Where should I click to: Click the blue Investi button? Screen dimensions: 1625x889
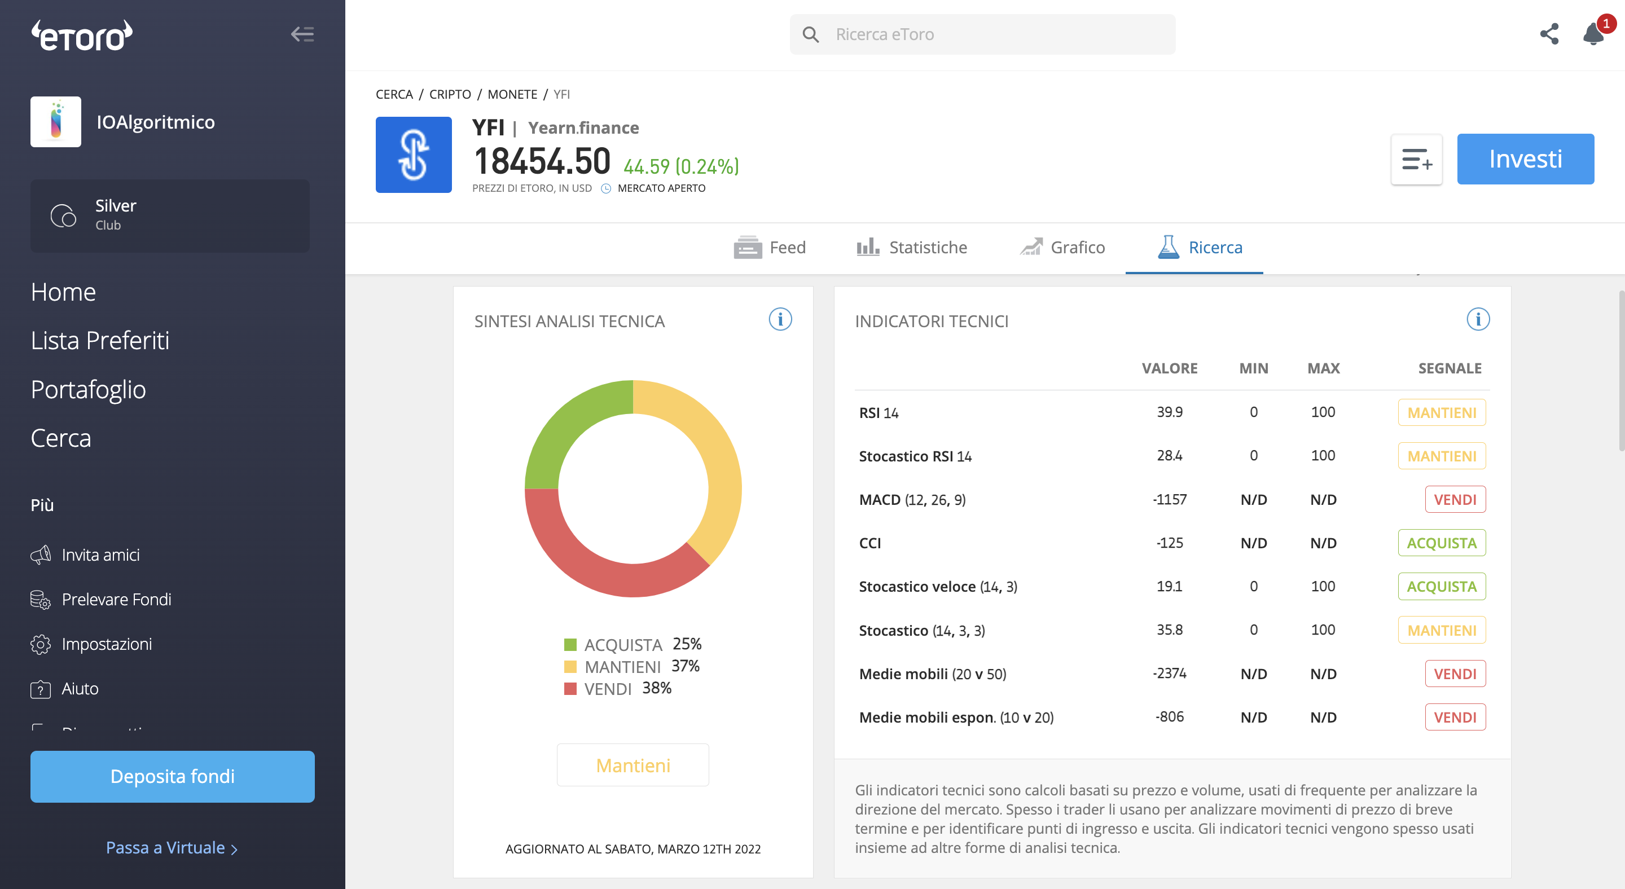(x=1525, y=159)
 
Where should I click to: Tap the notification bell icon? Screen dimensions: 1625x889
(x=1593, y=34)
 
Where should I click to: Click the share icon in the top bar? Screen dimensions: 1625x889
(x=1549, y=34)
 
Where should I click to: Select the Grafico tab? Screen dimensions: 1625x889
(x=1062, y=247)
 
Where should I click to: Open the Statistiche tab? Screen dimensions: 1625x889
(x=912, y=247)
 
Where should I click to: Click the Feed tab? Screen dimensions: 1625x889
(x=770, y=247)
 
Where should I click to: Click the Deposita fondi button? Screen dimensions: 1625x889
(x=172, y=776)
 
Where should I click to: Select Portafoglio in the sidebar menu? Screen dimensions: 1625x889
(x=89, y=389)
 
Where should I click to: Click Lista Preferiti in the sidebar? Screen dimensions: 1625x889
(x=100, y=341)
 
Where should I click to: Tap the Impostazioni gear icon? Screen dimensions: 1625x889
(x=41, y=644)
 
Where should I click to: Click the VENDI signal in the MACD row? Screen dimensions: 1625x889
(x=1455, y=499)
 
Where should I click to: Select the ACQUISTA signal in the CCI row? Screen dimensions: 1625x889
(x=1442, y=543)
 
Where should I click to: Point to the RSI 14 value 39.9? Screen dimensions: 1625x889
(x=1170, y=412)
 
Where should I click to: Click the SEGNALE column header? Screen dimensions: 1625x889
(x=1450, y=368)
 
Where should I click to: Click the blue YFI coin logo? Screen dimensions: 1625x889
(x=414, y=155)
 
